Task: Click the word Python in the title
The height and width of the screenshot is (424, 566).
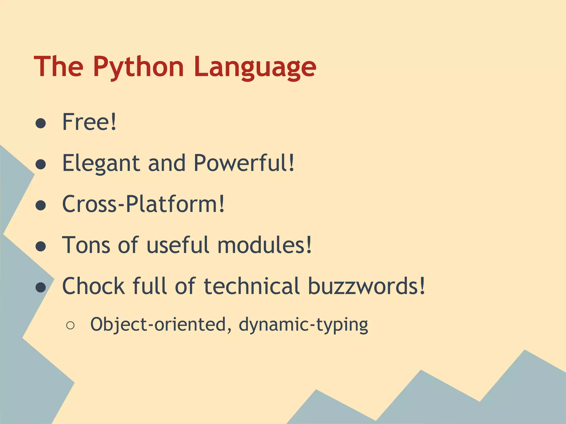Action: [138, 67]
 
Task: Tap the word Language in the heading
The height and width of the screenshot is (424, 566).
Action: [255, 67]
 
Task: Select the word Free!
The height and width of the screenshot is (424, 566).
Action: [89, 122]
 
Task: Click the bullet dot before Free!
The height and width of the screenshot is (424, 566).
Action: [41, 123]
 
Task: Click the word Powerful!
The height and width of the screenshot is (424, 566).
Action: [244, 163]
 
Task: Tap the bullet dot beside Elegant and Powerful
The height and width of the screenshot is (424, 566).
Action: [41, 165]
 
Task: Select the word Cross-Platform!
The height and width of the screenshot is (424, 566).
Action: [143, 204]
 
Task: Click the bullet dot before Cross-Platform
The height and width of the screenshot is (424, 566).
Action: [41, 205]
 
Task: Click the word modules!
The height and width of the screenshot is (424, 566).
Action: [264, 245]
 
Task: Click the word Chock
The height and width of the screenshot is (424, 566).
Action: [93, 286]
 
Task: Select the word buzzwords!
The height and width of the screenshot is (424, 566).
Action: [366, 286]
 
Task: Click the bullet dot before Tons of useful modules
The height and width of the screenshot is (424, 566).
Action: [41, 247]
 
